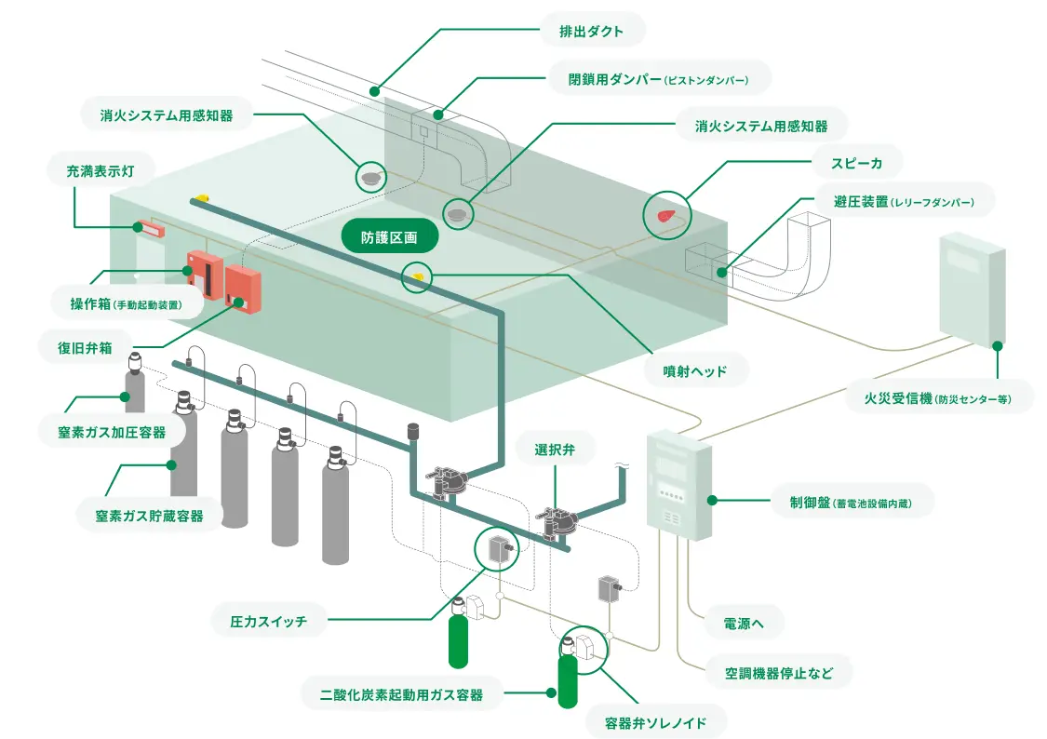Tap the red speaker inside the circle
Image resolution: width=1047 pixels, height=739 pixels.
pyautogui.click(x=666, y=215)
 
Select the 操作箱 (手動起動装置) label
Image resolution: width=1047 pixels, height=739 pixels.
pyautogui.click(x=125, y=303)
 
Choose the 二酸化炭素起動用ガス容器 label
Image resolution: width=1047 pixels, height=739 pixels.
pyautogui.click(x=399, y=693)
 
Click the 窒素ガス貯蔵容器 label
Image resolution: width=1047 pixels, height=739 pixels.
pyautogui.click(x=150, y=515)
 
